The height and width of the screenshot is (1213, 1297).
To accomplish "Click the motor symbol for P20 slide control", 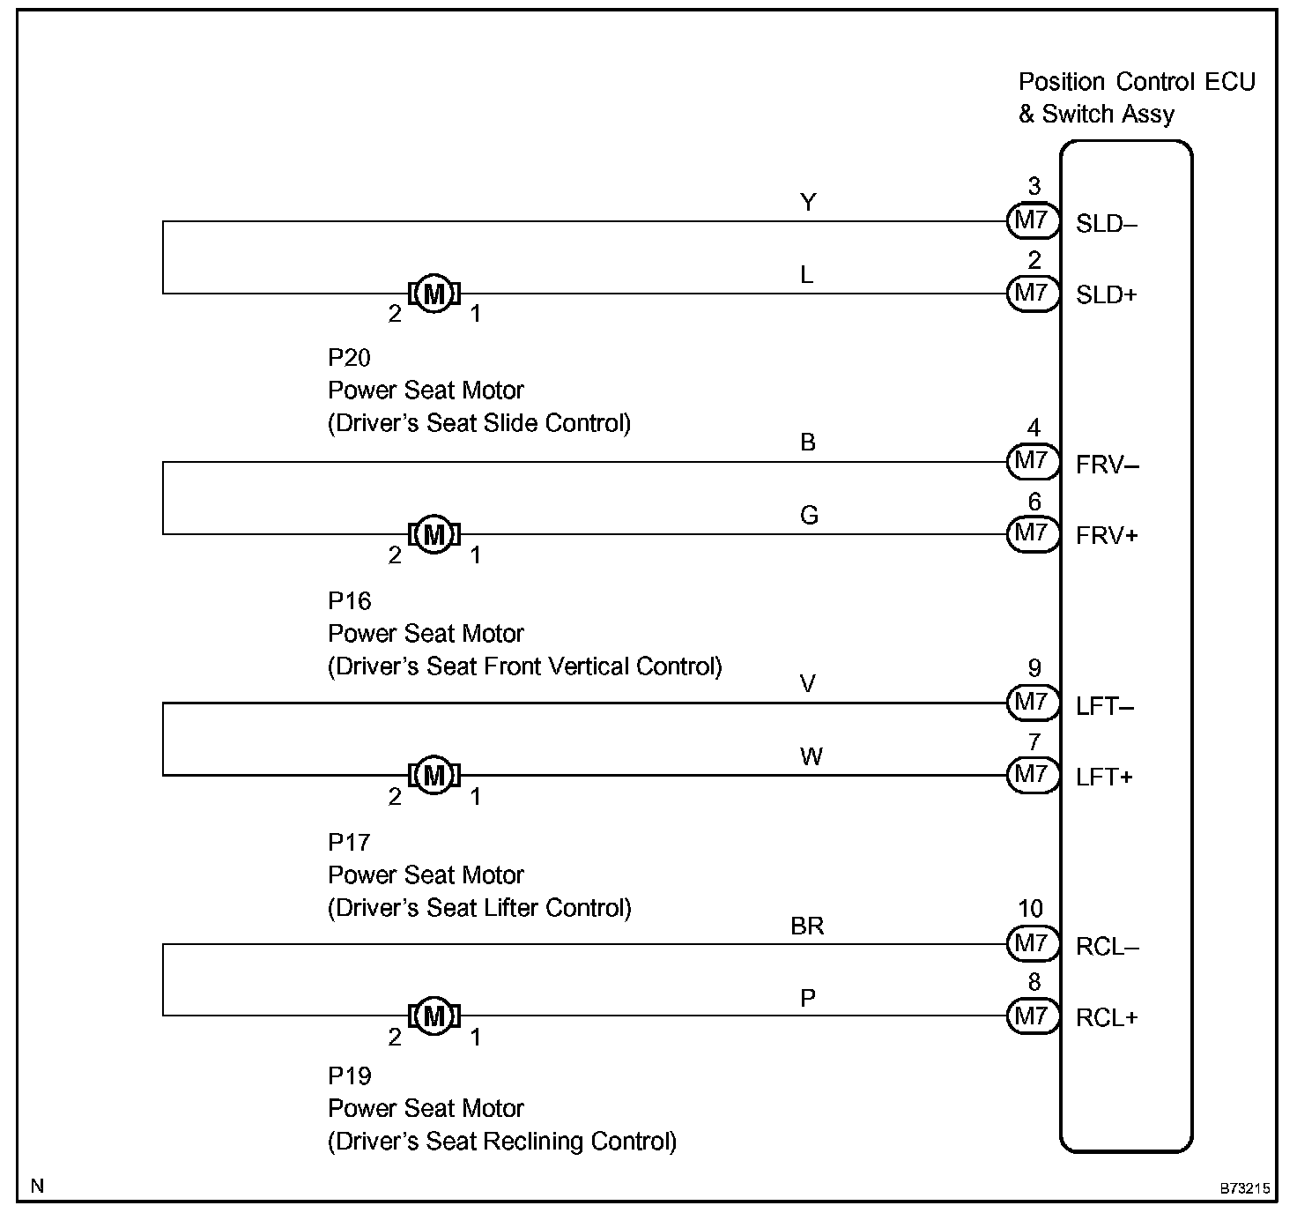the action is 434,294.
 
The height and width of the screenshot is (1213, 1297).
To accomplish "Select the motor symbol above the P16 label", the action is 434,534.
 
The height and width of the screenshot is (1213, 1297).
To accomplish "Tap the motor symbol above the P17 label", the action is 434,775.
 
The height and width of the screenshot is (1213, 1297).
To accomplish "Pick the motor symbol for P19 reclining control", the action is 434,1016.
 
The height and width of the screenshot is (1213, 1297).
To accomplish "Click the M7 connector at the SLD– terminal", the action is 1033,221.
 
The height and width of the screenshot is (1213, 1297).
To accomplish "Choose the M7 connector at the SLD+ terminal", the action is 1033,294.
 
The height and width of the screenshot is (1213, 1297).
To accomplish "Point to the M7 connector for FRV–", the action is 1033,461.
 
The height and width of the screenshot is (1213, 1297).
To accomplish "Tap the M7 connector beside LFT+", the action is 1033,775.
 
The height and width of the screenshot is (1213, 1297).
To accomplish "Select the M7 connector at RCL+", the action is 1033,1016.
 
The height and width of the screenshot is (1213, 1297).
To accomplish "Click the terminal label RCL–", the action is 1107,947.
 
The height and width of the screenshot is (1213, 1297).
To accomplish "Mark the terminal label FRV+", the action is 1107,536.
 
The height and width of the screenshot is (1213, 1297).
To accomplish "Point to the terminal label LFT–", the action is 1105,706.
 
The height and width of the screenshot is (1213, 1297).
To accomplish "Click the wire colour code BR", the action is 807,926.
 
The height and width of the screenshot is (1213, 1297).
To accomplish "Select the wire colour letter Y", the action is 808,203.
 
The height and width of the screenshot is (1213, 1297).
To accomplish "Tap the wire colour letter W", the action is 812,757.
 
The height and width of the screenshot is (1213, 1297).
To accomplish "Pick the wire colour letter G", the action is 809,516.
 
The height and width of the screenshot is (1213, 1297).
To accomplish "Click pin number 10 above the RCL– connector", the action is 1031,909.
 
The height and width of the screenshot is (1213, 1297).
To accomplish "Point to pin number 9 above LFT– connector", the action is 1034,668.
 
